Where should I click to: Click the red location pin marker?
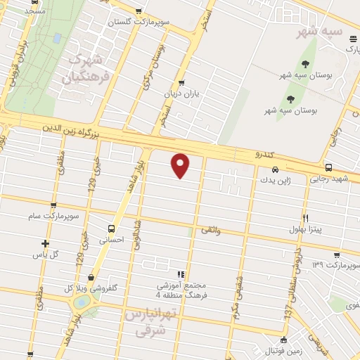click(x=181, y=165)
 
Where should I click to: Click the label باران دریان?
click(x=188, y=93)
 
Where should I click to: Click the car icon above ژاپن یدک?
click(x=275, y=169)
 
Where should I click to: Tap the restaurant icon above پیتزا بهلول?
click(x=305, y=218)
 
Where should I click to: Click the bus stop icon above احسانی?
click(x=111, y=229)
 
